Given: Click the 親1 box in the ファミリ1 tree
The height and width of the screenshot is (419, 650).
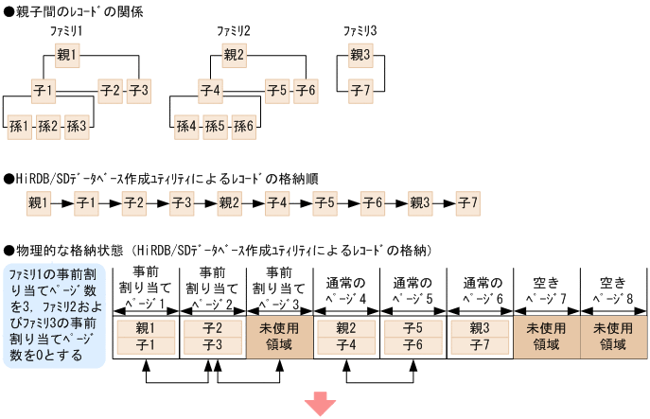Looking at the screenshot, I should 67,55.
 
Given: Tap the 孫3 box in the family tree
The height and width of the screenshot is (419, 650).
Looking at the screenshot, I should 77,125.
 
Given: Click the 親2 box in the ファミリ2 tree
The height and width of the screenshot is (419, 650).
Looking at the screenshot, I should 234,55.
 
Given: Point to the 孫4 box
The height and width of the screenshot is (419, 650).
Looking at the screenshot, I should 186,125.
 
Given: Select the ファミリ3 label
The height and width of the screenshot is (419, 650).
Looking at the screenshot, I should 360,31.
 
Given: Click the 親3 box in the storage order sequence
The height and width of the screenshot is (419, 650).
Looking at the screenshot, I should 420,202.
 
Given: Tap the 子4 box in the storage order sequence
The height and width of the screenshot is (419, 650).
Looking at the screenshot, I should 277,202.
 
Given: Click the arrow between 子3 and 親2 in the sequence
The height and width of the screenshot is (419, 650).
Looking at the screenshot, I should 205,202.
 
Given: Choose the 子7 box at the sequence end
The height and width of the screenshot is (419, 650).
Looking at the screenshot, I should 467,202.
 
